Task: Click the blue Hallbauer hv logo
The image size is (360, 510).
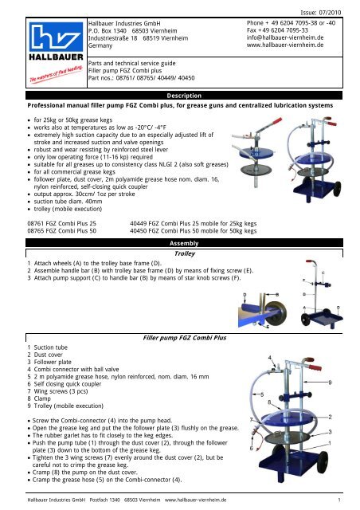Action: tap(56, 37)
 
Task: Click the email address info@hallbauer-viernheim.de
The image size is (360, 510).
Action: tap(285, 37)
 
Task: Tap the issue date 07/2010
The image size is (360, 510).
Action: tap(330, 13)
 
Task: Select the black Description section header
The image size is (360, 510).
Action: tap(184, 96)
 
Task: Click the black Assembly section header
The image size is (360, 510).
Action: tap(184, 243)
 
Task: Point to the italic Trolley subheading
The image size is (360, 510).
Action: tap(185, 253)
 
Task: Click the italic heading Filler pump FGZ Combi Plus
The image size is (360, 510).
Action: tap(185, 338)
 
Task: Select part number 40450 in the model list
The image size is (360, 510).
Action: tap(138, 231)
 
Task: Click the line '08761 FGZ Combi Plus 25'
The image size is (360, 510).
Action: tap(62, 223)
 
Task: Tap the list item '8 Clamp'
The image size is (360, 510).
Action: tap(39, 398)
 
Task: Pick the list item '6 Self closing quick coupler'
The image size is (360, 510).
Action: tap(65, 384)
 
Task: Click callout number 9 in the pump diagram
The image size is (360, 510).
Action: tap(330, 382)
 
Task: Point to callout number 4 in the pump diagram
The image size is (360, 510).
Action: tap(269, 358)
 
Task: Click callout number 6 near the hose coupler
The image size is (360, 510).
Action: tap(252, 448)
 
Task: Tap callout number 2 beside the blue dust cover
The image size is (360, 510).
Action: tap(330, 417)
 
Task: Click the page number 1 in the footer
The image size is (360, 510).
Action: tap(339, 500)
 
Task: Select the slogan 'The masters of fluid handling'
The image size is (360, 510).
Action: tap(56, 74)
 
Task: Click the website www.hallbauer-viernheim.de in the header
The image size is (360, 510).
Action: tap(285, 45)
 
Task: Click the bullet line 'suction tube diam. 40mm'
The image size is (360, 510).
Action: tap(68, 202)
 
